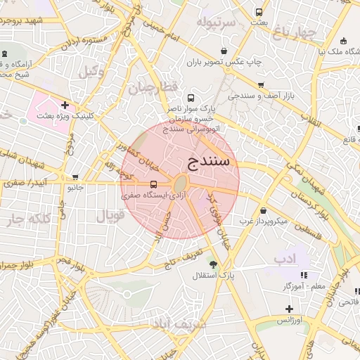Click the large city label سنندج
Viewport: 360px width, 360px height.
point(210,160)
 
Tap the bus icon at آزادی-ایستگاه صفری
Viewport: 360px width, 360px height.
point(153,185)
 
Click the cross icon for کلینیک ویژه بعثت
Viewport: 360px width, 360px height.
point(65,105)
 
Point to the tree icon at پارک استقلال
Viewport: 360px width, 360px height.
point(212,265)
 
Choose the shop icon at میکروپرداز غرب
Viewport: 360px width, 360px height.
point(262,210)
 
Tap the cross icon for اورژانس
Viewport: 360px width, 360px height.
point(288,309)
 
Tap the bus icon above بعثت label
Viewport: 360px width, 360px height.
point(259,12)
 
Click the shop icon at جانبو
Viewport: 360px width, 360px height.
point(75,177)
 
